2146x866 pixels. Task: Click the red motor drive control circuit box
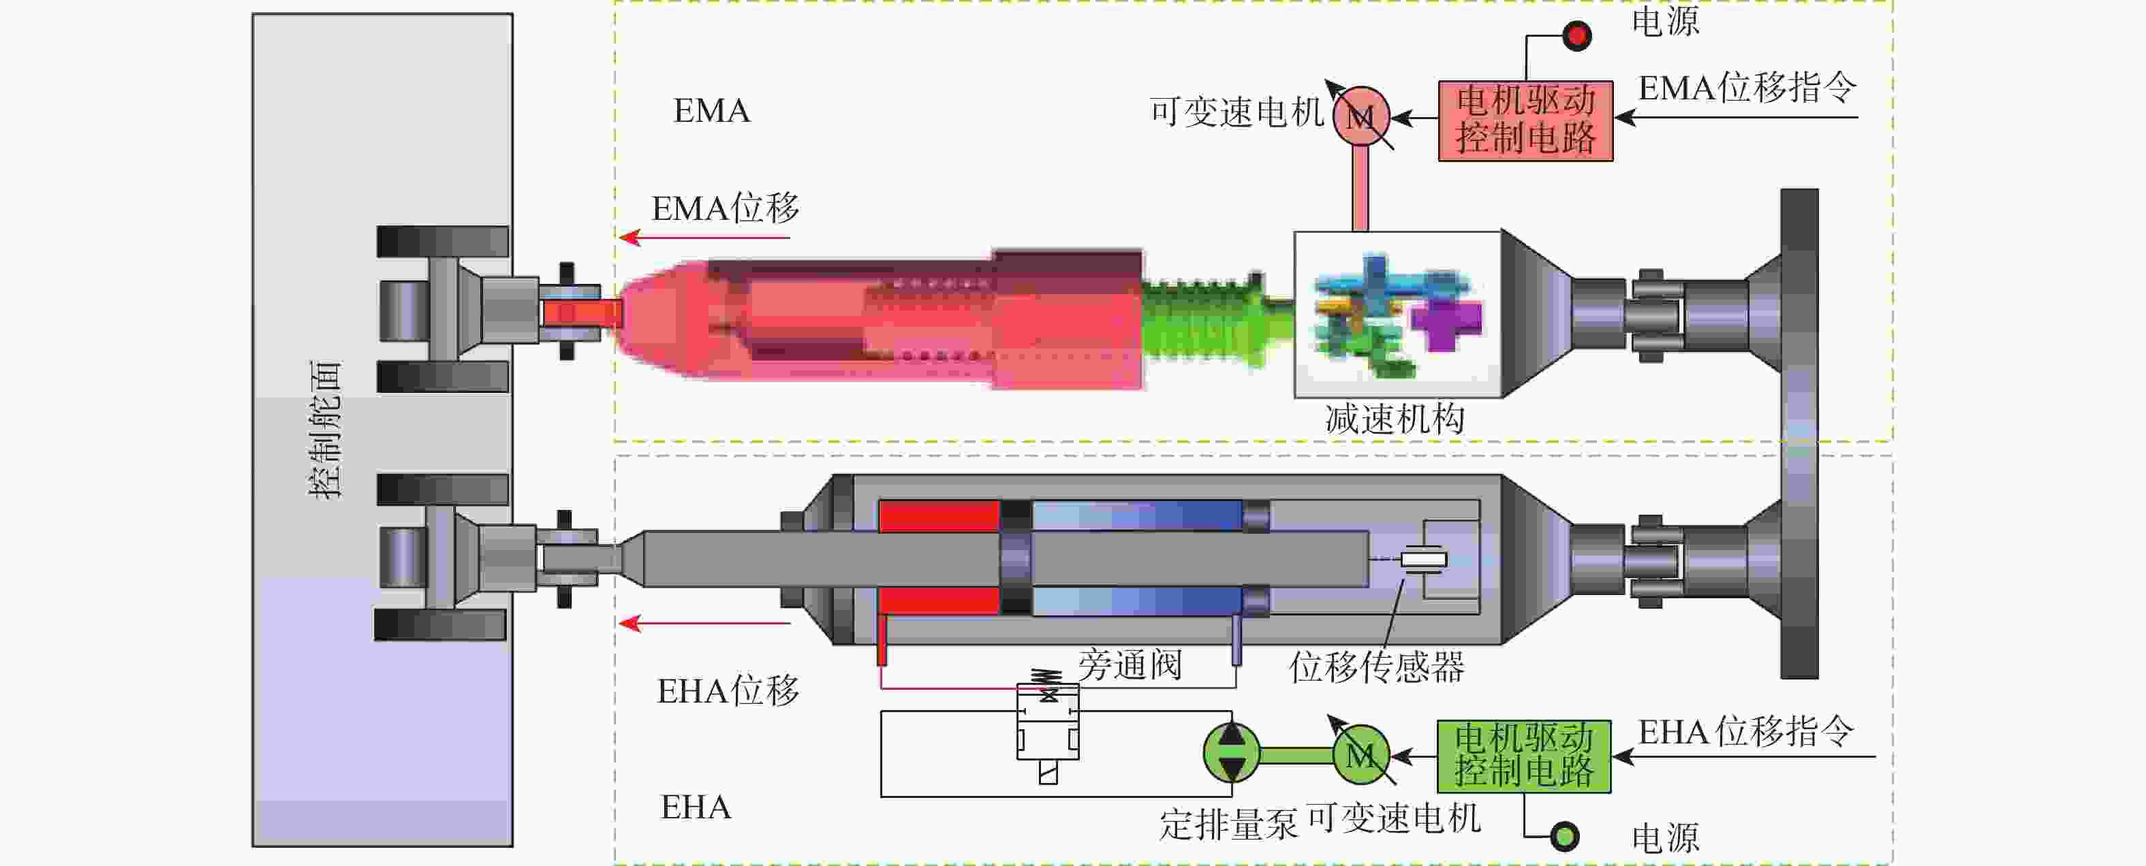[1525, 121]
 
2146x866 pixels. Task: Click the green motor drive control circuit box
[1524, 756]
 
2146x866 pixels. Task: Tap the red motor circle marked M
[1361, 116]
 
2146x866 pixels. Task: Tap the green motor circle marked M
[1360, 755]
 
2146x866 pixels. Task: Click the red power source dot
[1576, 36]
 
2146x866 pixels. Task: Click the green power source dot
[1564, 835]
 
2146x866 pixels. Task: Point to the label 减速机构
[1395, 419]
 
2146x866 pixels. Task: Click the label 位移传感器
[1376, 667]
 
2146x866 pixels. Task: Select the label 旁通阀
[1130, 664]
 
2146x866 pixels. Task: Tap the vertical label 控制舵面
[325, 430]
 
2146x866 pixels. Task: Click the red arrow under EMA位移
[704, 238]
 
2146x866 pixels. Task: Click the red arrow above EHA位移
[704, 623]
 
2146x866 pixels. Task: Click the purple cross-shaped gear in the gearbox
[1447, 321]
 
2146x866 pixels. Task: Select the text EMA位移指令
[1747, 87]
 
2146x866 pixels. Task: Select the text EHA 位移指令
[1746, 731]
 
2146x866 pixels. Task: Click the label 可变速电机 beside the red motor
[1237, 112]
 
